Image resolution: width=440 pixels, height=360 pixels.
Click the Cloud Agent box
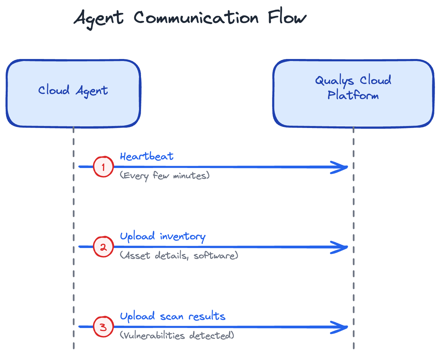pyautogui.click(x=73, y=93)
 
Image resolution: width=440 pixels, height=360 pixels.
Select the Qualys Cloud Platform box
pyautogui.click(x=353, y=93)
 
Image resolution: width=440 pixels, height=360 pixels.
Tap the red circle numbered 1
pyautogui.click(x=103, y=167)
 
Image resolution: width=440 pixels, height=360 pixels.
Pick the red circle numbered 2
pyautogui.click(x=103, y=247)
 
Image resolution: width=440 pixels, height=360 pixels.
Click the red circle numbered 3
pyautogui.click(x=103, y=327)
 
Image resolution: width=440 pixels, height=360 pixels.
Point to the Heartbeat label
pyautogui.click(x=147, y=156)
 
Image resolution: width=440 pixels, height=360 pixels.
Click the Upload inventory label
pyautogui.click(x=163, y=236)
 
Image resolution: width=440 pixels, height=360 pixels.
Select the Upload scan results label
pyautogui.click(x=173, y=316)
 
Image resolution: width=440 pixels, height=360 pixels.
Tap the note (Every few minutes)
pyautogui.click(x=165, y=175)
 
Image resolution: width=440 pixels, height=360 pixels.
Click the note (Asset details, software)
pyautogui.click(x=179, y=255)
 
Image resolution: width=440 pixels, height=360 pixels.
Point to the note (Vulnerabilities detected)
pyautogui.click(x=177, y=335)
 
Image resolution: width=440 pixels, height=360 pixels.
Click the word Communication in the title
pyautogui.click(x=196, y=18)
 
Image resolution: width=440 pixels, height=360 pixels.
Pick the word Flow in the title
pyautogui.click(x=287, y=18)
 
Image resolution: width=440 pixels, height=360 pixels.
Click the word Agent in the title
pyautogui.click(x=99, y=18)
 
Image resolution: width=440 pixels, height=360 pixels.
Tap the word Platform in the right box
pyautogui.click(x=353, y=95)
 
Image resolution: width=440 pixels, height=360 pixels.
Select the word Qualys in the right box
pyautogui.click(x=334, y=81)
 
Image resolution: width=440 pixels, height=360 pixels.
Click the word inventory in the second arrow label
pyautogui.click(x=183, y=237)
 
